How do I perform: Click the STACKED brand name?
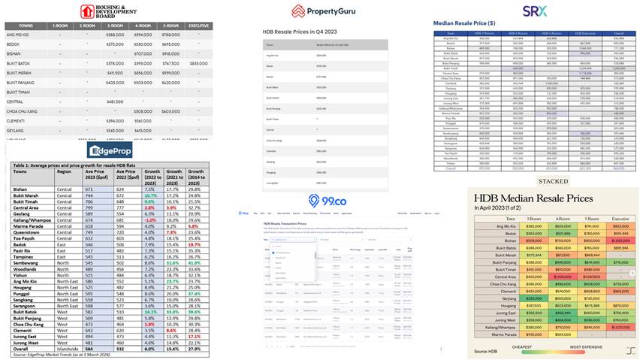pyautogui.click(x=553, y=181)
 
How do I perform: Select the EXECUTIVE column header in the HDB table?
pyautogui.click(x=199, y=26)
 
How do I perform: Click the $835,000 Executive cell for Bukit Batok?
pyautogui.click(x=199, y=63)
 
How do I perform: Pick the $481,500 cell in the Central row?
pyautogui.click(x=115, y=101)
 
